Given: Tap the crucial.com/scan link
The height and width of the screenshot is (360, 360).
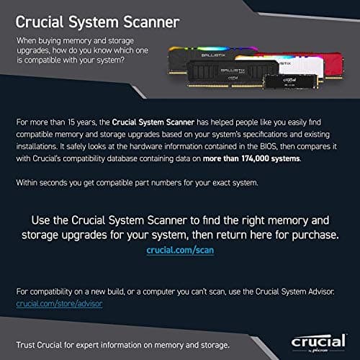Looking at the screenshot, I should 180,250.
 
